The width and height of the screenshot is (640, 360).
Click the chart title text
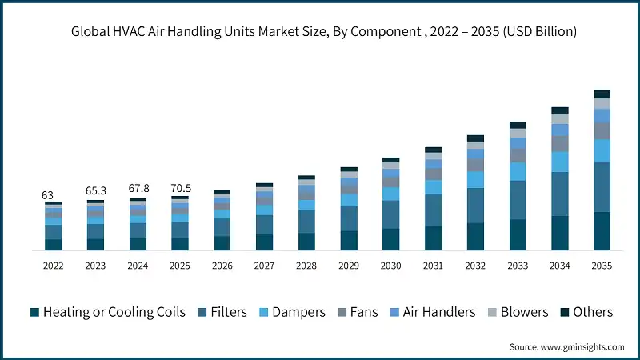320,33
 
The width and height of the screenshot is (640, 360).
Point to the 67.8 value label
138,189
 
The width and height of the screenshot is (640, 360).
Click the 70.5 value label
180,189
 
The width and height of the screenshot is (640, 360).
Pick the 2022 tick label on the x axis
53,265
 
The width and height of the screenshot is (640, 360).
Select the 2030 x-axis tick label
391,265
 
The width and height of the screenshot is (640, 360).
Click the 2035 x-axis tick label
602,265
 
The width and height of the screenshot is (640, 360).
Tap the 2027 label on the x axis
264,265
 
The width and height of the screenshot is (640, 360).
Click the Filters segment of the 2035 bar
602,187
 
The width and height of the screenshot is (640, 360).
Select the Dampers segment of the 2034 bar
560,162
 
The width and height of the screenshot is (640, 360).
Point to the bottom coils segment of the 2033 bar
518,234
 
